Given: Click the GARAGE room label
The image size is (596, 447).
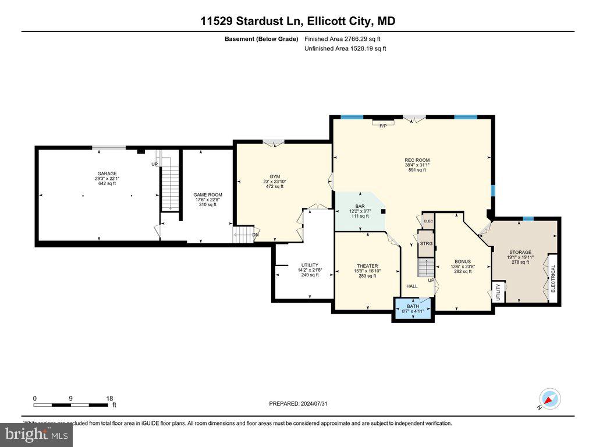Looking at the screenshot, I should coord(107,173).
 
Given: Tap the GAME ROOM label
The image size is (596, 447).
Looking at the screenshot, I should coord(208,195).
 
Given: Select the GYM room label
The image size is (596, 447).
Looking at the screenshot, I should coord(275,176).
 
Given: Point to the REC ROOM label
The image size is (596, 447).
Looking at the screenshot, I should coord(417,160).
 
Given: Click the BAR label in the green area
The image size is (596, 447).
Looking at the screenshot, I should coord(360,206).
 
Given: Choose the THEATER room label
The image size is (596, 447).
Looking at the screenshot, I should coord(367,266).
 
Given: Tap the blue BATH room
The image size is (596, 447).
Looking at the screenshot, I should coord(413,308).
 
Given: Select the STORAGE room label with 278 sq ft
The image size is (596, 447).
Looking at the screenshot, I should coord(520,253).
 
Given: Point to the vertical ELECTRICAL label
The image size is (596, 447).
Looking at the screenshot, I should coord(554,278).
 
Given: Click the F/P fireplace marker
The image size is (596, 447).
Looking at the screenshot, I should coord(383,126).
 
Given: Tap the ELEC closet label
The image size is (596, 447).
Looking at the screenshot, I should coord(428,221).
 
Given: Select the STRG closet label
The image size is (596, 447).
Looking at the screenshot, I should coord(427,243).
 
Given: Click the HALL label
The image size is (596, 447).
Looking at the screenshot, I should coord(412,286).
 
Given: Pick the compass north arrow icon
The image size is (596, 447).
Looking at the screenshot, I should coord(550,399).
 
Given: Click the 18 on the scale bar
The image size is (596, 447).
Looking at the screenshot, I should coord(109,399).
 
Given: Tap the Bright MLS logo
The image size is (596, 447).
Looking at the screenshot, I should coord(36,434).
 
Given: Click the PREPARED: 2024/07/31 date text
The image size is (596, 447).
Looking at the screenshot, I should coord(302,403).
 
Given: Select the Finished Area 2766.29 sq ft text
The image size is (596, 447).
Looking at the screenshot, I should coord(343,39).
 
